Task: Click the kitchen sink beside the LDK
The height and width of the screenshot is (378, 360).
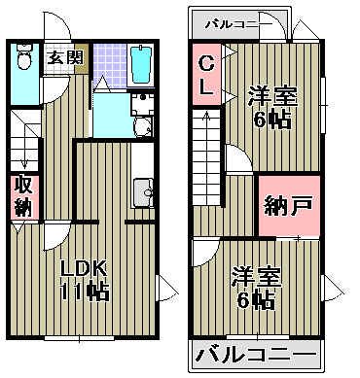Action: [148, 193]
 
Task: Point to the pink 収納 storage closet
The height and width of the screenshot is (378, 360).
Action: [21, 196]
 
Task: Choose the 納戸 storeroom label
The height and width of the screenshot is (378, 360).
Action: [287, 205]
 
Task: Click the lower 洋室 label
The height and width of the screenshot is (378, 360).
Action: [255, 279]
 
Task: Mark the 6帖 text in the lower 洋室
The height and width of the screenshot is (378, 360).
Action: [255, 301]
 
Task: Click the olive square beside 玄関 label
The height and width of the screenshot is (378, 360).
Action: [80, 55]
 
